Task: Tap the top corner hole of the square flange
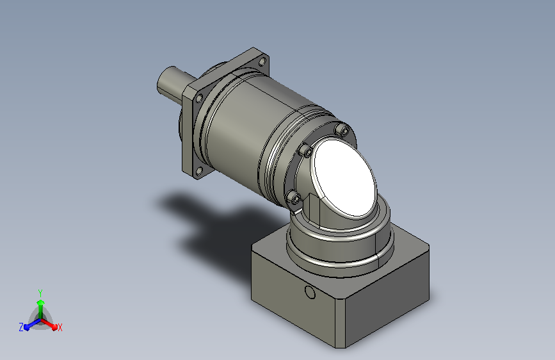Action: pos(262,61)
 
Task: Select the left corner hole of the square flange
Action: pos(199,98)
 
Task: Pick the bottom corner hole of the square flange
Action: pos(199,172)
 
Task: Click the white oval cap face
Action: pos(345,177)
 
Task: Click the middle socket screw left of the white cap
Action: pos(306,151)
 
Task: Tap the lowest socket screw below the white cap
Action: pos(294,197)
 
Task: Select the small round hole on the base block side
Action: pos(310,292)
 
